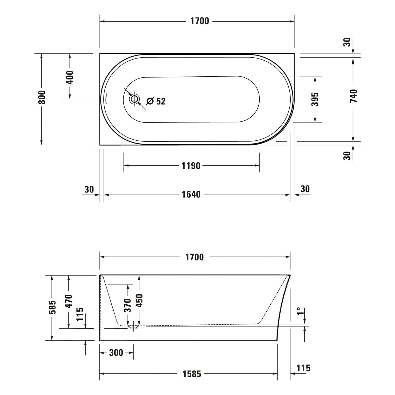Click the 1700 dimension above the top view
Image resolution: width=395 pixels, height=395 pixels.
click(200, 21)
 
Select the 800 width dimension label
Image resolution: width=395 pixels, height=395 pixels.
click(42, 97)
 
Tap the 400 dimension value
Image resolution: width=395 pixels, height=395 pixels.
click(70, 77)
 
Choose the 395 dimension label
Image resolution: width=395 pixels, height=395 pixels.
click(315, 100)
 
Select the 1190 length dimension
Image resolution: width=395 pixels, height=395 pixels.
click(191, 166)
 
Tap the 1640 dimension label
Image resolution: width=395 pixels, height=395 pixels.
click(191, 195)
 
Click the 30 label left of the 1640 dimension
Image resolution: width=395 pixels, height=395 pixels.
click(89, 189)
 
